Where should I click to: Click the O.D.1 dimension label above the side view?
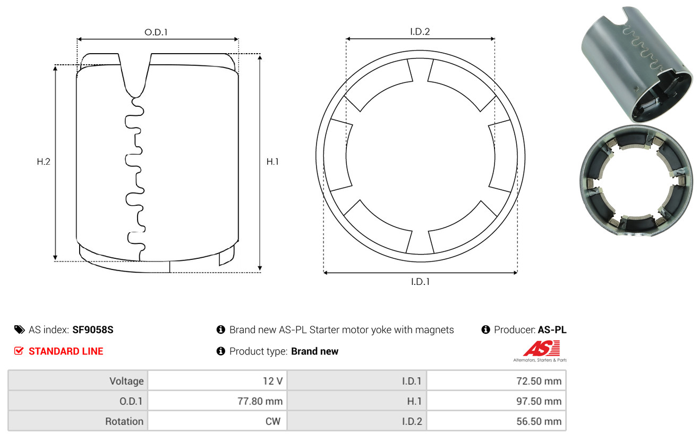156,32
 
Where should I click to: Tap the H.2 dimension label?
44,162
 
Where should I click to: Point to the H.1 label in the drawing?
272,162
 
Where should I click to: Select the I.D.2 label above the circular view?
420,31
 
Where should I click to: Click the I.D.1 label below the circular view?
420,282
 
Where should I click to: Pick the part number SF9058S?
92,330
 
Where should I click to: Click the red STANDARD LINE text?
66,351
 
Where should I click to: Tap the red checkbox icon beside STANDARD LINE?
19,351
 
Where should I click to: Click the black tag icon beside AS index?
19,330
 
